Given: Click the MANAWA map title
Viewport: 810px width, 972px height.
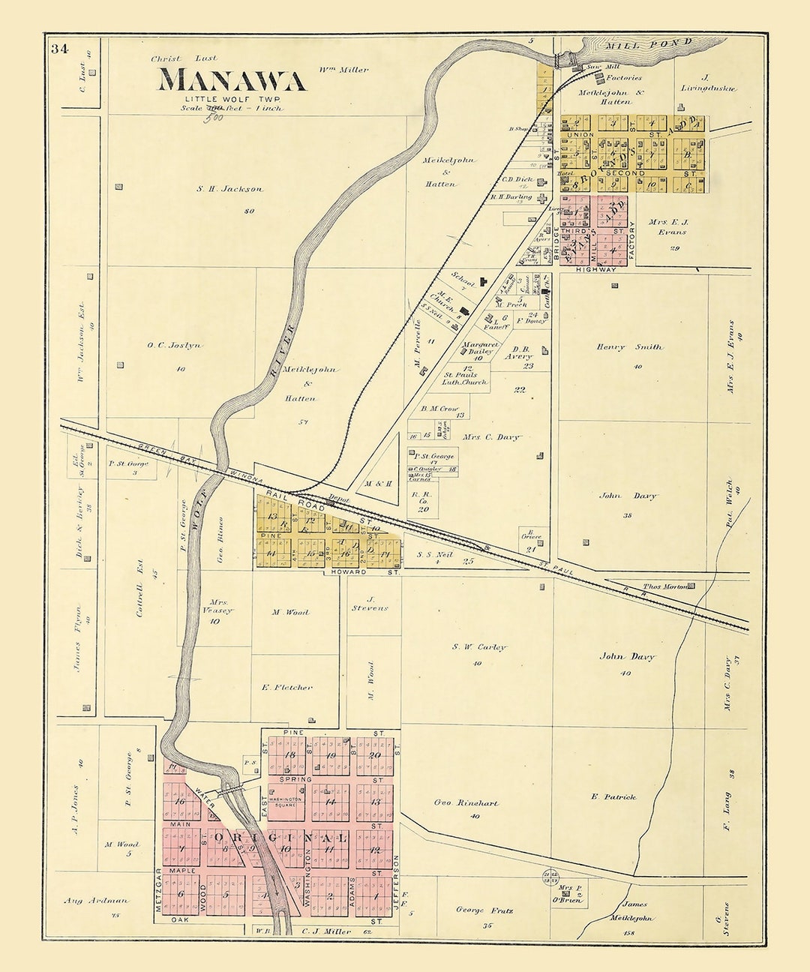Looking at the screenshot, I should click(x=231, y=80).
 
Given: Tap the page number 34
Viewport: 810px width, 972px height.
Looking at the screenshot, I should click(x=60, y=49).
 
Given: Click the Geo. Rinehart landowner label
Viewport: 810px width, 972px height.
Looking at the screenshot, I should click(x=466, y=802).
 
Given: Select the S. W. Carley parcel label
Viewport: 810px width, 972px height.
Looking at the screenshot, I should click(x=479, y=646).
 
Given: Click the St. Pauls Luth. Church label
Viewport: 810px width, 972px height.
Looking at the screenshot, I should click(x=465, y=378).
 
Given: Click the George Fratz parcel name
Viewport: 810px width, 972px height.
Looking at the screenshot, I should click(x=484, y=910).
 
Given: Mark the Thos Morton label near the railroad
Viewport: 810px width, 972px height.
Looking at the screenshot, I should click(x=665, y=586).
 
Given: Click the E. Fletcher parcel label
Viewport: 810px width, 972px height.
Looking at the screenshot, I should click(x=286, y=687).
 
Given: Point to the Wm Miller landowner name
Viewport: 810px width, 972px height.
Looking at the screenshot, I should click(x=343, y=70).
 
